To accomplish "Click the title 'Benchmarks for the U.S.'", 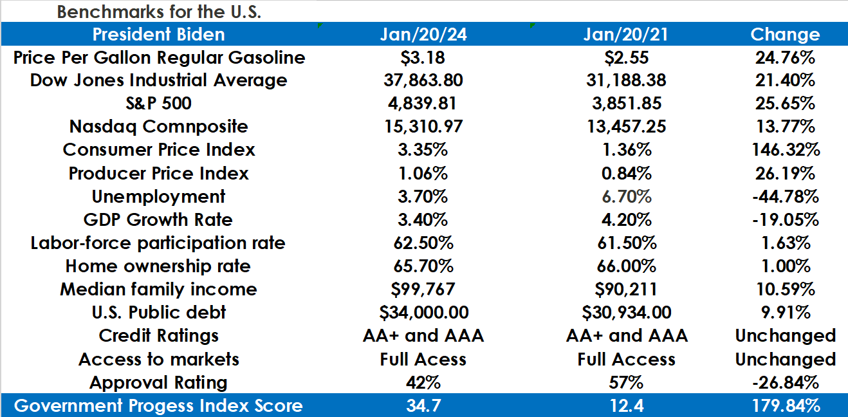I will point(159,12).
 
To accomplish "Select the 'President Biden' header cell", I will point(158,34).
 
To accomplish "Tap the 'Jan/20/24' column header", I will point(423,34).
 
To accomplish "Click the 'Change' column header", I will point(785,34).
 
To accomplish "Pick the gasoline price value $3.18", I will point(423,57).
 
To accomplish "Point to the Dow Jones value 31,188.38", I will point(626,80).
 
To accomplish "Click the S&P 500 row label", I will point(158,104).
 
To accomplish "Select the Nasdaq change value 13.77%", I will point(785,127).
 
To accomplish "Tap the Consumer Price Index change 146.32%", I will point(785,150).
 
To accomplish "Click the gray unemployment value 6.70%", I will point(626,196).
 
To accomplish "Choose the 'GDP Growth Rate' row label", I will point(158,219).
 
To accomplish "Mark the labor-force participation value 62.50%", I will point(423,243).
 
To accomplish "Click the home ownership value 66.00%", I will point(626,266).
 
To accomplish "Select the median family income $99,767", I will point(423,290).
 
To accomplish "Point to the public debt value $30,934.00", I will point(626,313).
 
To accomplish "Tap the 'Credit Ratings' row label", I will point(158,336).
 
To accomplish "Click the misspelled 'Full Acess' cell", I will point(423,359).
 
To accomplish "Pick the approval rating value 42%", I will point(423,382).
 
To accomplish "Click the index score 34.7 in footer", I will point(423,406).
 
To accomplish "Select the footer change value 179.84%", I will point(785,406).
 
